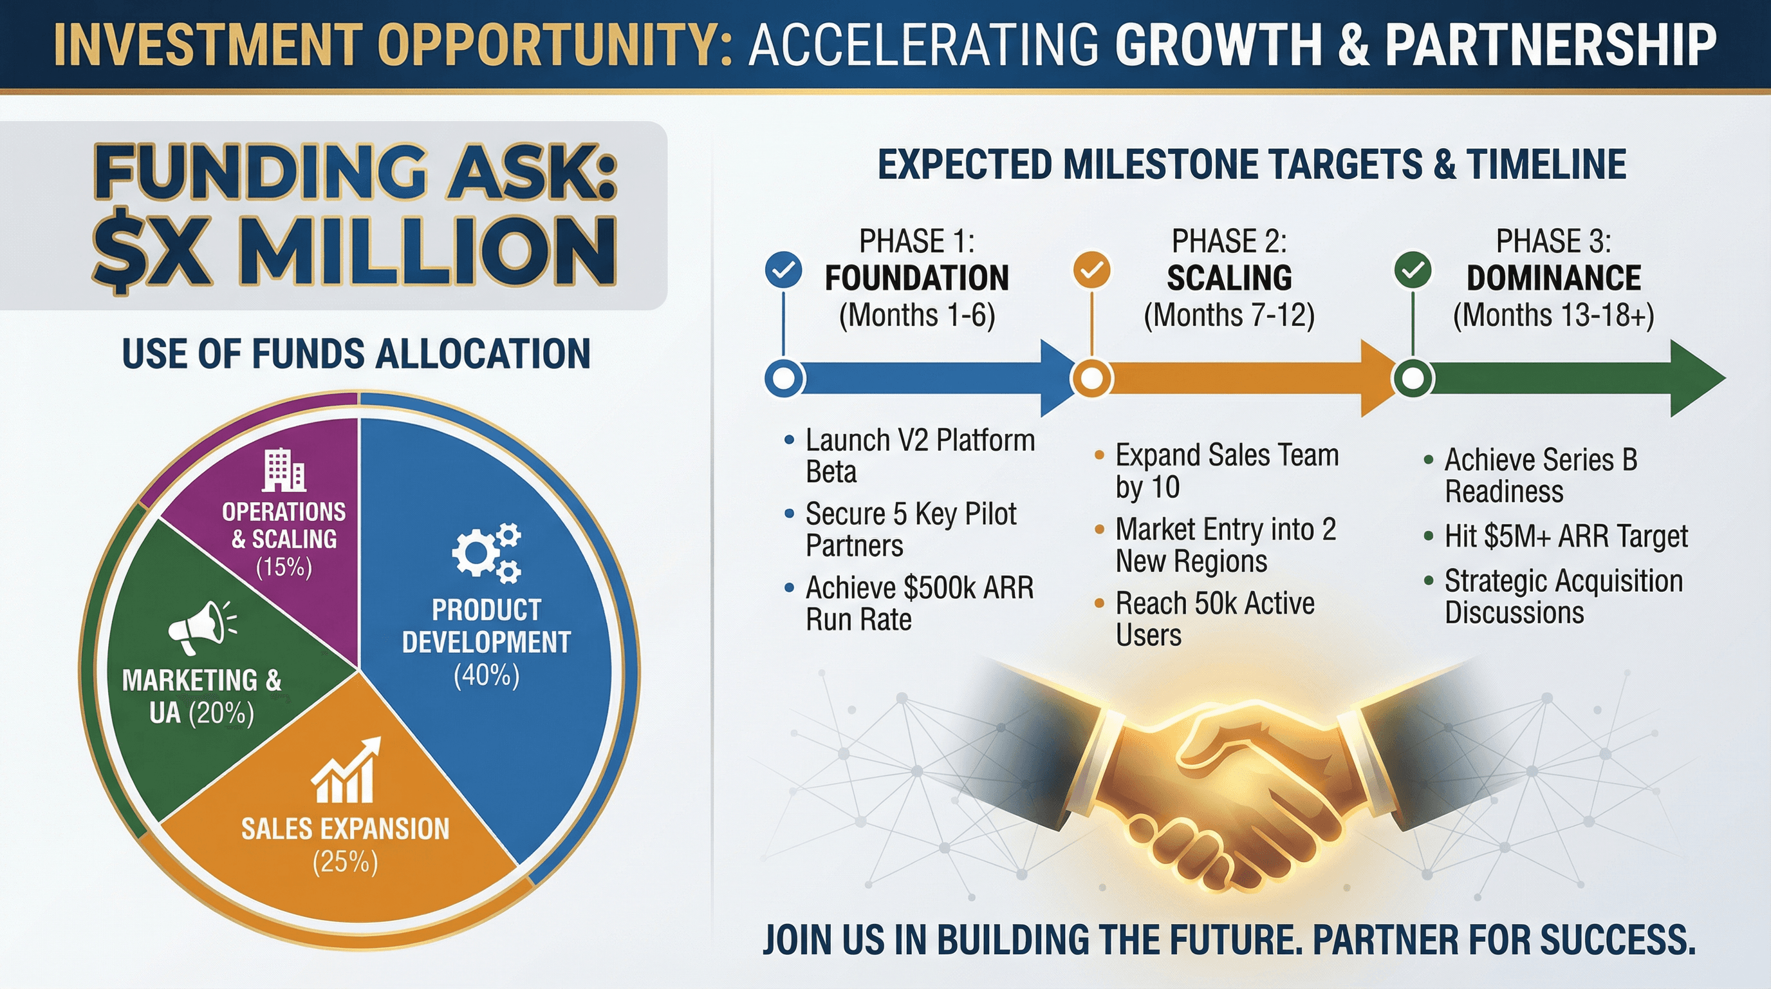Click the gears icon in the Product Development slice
(486, 552)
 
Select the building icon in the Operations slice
(284, 470)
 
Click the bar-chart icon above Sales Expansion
(346, 770)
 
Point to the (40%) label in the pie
(486, 675)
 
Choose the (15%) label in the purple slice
(284, 567)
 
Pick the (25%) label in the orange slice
(345, 862)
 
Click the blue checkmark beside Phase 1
(783, 270)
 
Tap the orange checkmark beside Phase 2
(1091, 270)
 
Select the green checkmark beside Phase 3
(1413, 270)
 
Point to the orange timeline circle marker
(1091, 377)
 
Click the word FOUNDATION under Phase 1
(917, 278)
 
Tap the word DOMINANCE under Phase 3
(1553, 278)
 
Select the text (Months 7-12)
(1229, 316)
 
